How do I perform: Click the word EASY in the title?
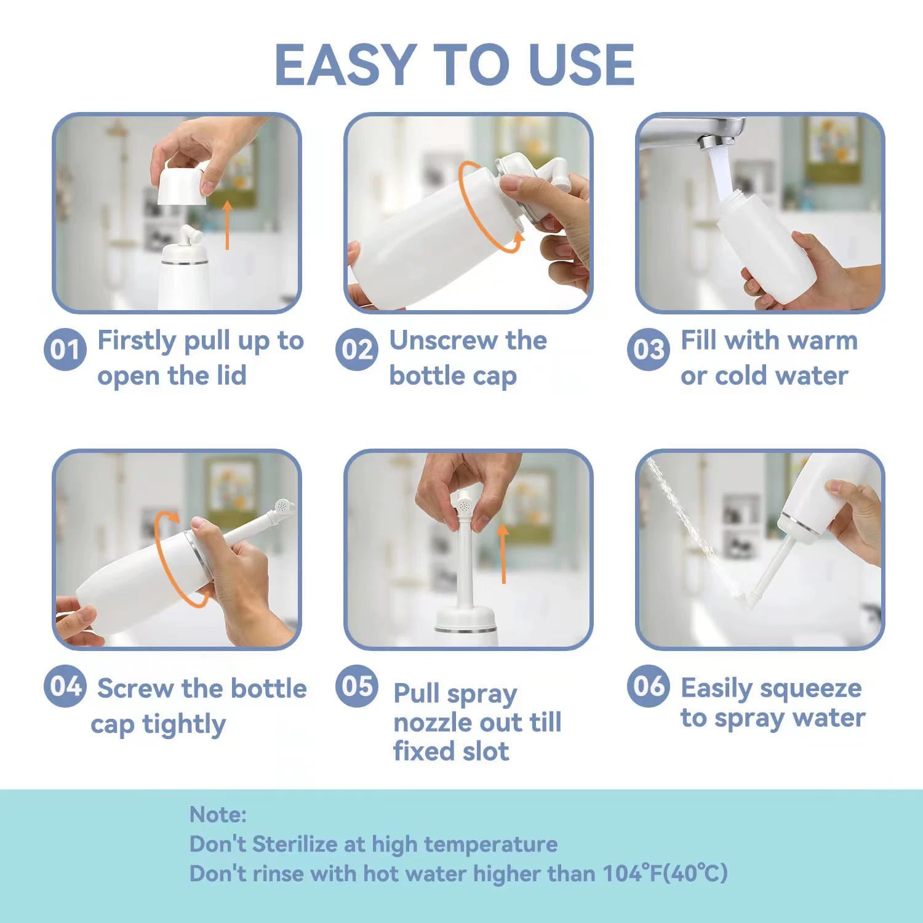(x=345, y=65)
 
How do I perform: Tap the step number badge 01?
(x=64, y=350)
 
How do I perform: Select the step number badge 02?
(x=356, y=350)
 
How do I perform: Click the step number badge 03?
(x=648, y=350)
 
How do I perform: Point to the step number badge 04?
(x=64, y=686)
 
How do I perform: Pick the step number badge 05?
(x=356, y=686)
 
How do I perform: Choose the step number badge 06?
(x=648, y=686)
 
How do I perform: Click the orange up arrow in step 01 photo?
(x=227, y=225)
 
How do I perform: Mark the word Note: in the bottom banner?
(x=218, y=814)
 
